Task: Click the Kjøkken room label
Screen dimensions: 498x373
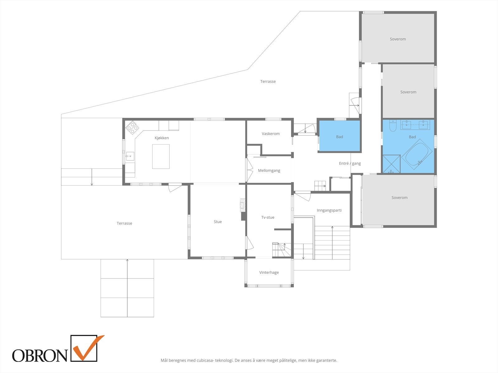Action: click(162, 138)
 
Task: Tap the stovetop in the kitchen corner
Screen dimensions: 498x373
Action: click(132, 127)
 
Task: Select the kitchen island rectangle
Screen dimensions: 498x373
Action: click(161, 156)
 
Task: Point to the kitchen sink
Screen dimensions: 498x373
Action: click(130, 156)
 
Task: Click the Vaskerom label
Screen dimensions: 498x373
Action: click(271, 134)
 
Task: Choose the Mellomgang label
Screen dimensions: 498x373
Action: click(269, 171)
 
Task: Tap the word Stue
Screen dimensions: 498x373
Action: click(218, 222)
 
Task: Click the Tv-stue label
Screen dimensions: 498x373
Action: click(268, 217)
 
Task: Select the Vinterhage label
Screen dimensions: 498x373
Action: click(269, 273)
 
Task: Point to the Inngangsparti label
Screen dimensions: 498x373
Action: click(329, 210)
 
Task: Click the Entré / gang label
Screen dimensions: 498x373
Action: click(350, 163)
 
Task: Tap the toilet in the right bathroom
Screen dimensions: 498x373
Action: click(393, 126)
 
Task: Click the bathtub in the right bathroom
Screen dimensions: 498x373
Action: click(417, 155)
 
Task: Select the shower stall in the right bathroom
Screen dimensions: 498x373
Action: click(392, 164)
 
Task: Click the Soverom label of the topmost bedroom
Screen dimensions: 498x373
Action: click(398, 39)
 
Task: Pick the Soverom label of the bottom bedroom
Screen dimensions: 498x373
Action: click(400, 197)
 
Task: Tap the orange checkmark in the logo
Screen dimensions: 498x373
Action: click(88, 348)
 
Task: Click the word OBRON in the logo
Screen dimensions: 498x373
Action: click(40, 356)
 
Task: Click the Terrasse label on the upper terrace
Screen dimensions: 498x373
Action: click(268, 81)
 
